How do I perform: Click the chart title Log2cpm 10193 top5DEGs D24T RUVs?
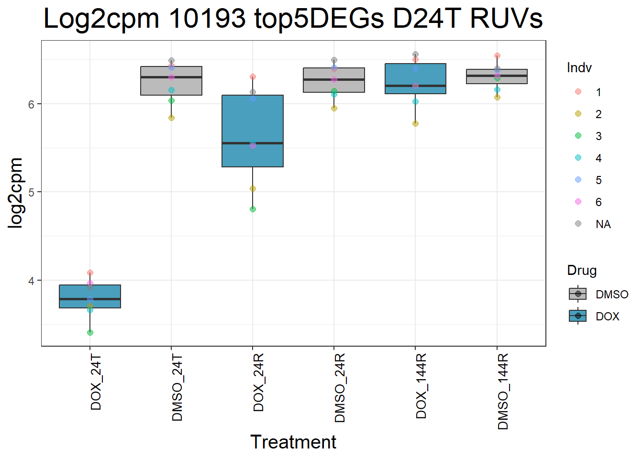[x=293, y=19]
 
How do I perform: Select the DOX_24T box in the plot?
[x=90, y=296]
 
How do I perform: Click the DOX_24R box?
[x=253, y=131]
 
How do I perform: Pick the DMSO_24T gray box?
[x=171, y=81]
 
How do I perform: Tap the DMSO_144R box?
[x=497, y=76]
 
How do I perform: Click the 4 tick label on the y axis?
[x=32, y=281]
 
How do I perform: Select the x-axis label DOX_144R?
[x=421, y=386]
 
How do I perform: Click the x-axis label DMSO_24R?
[x=340, y=388]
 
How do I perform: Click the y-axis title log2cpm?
[x=16, y=193]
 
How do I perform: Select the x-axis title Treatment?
[x=293, y=442]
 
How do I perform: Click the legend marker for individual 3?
[x=578, y=136]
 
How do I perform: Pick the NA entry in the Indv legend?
[x=603, y=224]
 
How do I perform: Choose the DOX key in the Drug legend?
[x=578, y=316]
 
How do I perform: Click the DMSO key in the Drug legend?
[x=578, y=294]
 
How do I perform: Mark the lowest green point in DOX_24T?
[x=90, y=332]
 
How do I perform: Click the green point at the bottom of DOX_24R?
[x=253, y=209]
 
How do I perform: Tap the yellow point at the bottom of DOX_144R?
[x=415, y=123]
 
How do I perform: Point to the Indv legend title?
[x=579, y=68]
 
